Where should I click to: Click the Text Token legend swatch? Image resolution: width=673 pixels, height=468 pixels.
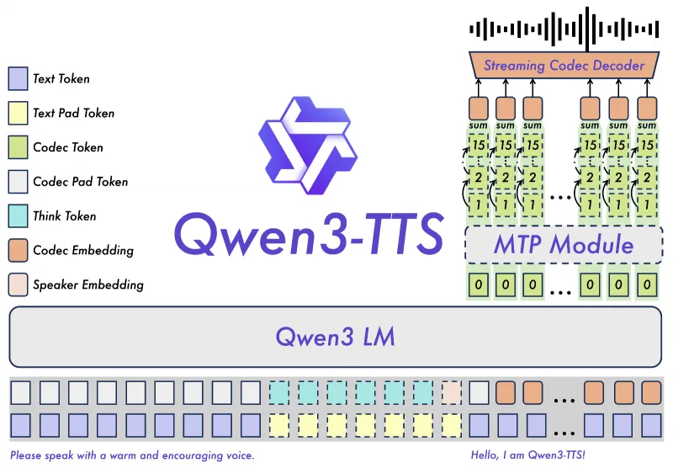(18, 79)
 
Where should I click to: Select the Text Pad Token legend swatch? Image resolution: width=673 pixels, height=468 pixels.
(18, 113)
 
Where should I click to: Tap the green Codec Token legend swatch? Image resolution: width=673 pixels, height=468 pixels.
(18, 147)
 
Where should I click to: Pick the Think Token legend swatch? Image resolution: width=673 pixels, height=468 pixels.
(18, 215)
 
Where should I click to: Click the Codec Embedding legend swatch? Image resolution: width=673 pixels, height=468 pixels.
(18, 250)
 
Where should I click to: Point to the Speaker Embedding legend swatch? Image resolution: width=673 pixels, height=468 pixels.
(18, 285)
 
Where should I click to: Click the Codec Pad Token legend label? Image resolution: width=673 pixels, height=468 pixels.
(80, 182)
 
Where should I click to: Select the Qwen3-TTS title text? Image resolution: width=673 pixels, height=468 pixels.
(308, 235)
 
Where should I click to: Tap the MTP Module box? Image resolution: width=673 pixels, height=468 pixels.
(563, 245)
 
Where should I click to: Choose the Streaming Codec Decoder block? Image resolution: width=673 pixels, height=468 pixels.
(564, 66)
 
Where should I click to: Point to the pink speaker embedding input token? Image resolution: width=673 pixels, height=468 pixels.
(452, 392)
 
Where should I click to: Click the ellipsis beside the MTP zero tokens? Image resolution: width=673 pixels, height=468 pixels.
(560, 286)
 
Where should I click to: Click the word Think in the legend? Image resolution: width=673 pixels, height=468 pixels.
(48, 215)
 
